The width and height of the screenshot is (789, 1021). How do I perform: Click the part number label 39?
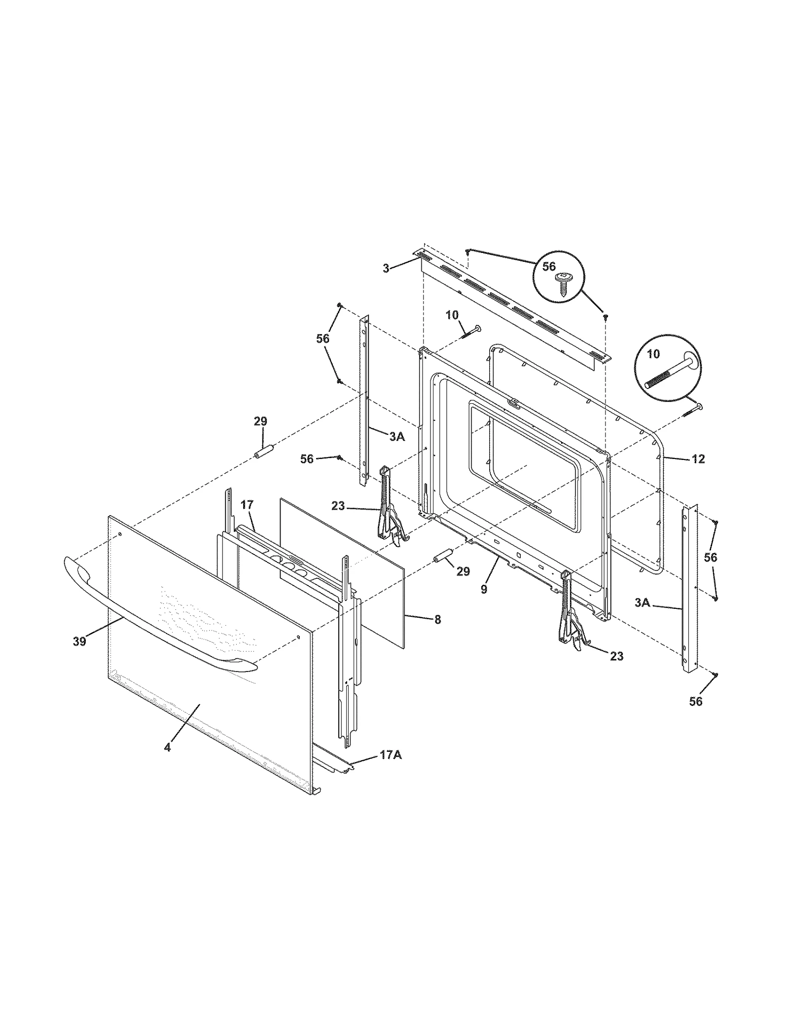tap(79, 641)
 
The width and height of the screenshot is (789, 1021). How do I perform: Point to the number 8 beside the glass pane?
tap(438, 620)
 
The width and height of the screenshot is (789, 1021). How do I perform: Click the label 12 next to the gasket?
tap(698, 459)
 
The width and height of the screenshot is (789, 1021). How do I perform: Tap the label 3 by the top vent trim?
tap(386, 268)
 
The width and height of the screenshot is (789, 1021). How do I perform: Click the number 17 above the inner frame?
tap(247, 504)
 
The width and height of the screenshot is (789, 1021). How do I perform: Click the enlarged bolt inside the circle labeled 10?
tap(668, 373)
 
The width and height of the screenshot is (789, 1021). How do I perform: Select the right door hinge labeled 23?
tap(572, 615)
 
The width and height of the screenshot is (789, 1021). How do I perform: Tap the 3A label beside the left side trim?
tap(397, 436)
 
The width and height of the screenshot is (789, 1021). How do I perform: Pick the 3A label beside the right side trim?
tap(642, 602)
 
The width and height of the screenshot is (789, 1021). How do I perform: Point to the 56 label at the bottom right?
tap(695, 701)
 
